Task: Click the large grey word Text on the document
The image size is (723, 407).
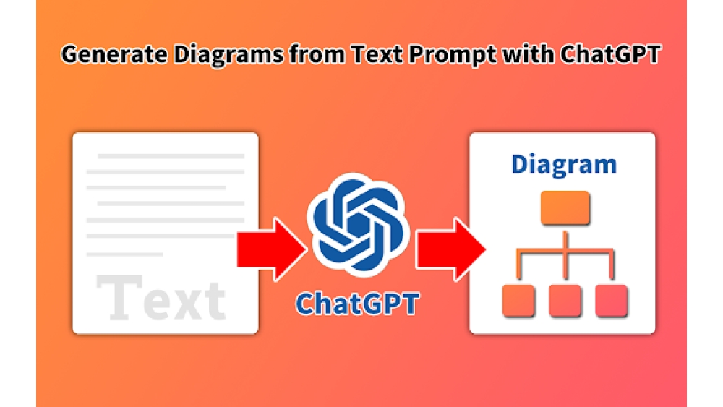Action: coord(161,299)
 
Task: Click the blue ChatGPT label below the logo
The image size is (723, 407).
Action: coord(357,303)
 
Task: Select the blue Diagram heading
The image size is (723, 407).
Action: coord(563,164)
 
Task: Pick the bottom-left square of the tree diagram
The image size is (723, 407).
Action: coord(518,301)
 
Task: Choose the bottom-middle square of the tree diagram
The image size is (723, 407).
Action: coord(565,301)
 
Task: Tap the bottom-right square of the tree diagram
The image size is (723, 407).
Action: coord(611,301)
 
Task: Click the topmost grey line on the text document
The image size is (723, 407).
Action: coord(171,155)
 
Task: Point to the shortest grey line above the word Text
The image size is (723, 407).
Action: coord(124,254)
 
